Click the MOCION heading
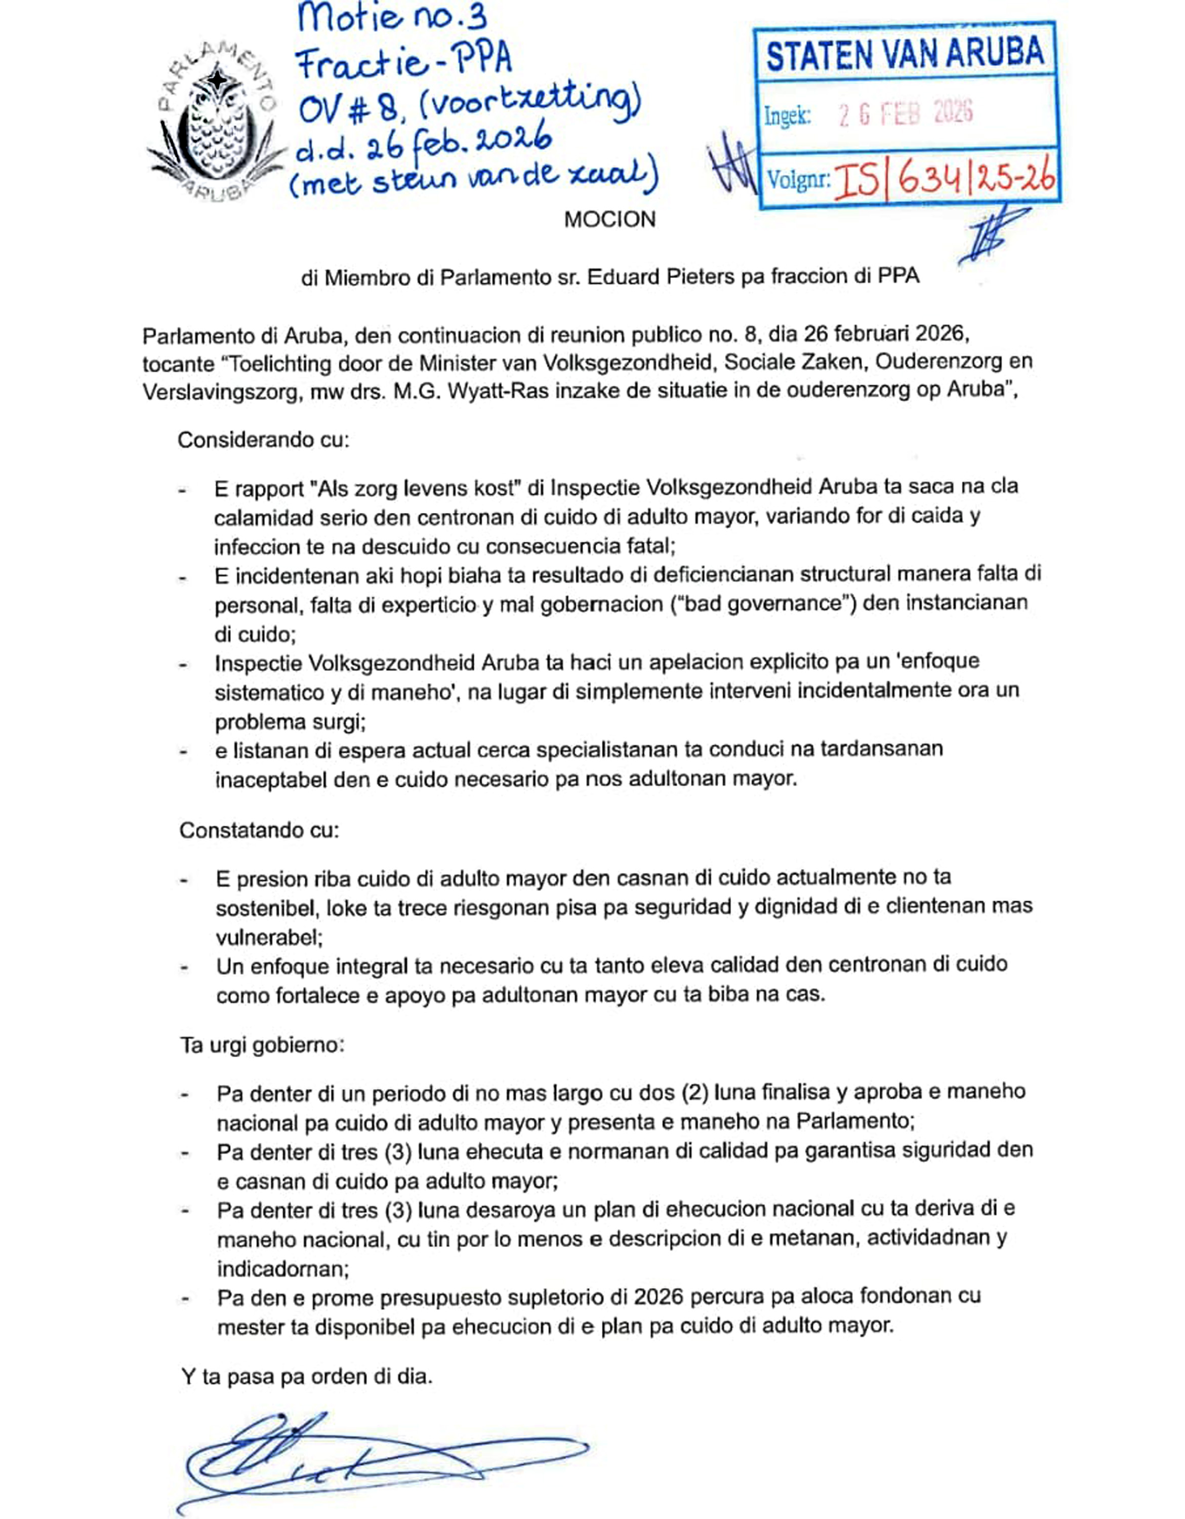[x=609, y=220]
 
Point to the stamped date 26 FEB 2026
[x=906, y=113]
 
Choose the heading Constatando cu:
[x=259, y=830]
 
